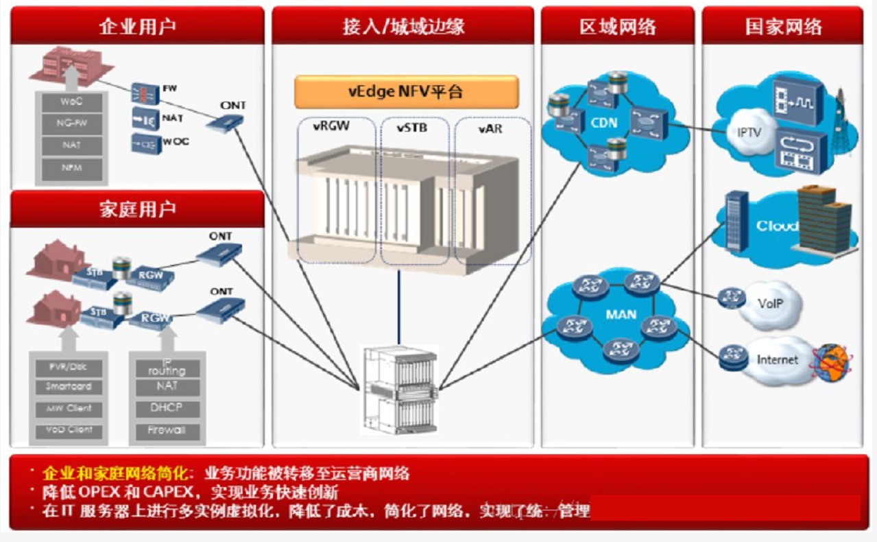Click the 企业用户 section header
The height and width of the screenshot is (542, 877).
(137, 26)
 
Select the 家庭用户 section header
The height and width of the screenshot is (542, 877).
(137, 209)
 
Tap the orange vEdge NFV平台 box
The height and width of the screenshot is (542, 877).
(406, 92)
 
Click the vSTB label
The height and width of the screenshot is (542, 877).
(412, 128)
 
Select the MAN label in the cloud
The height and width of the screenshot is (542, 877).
(621, 315)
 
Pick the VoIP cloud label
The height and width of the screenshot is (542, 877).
(771, 303)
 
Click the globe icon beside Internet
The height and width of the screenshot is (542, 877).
(831, 362)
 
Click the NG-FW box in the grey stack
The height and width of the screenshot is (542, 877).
(71, 124)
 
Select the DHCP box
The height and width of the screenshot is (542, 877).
(167, 408)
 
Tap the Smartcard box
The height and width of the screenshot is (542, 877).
(69, 387)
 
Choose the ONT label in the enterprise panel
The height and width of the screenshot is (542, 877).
(233, 106)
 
